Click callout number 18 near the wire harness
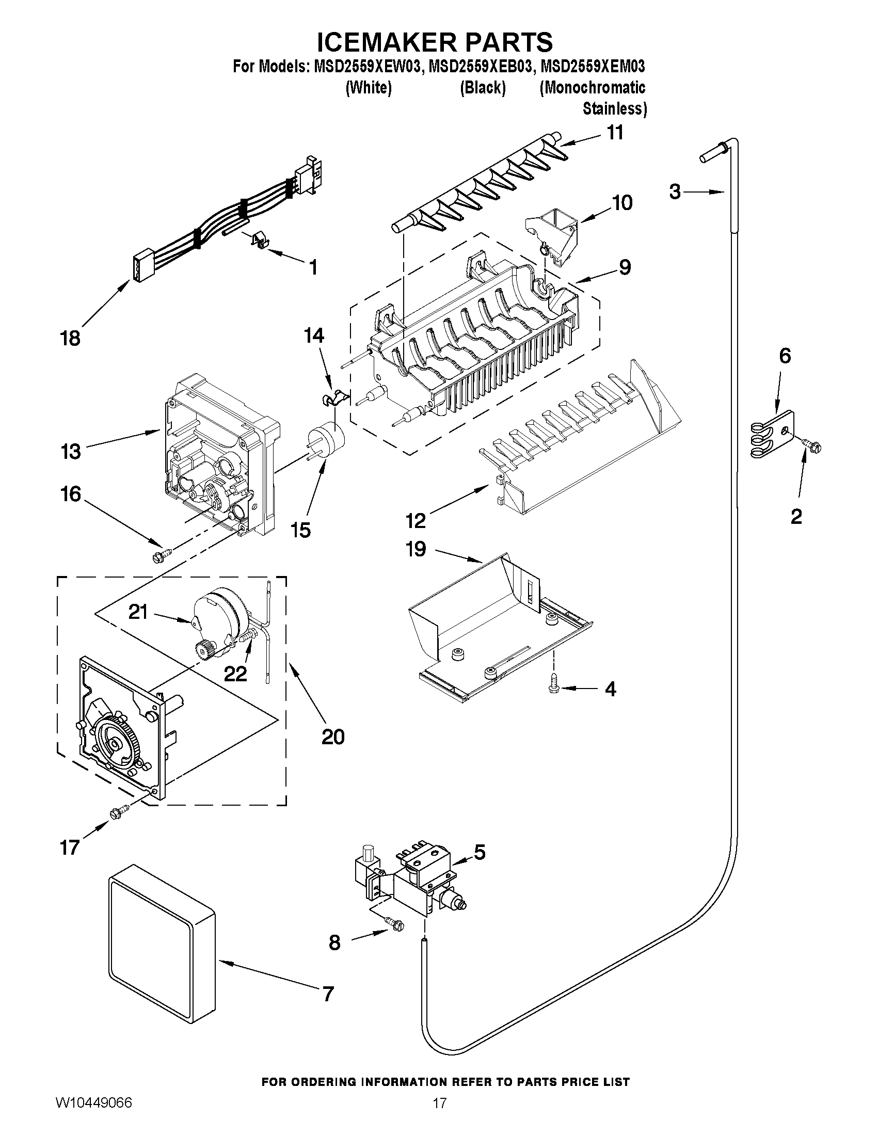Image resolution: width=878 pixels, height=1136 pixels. (x=71, y=338)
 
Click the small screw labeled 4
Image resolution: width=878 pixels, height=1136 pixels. (x=553, y=686)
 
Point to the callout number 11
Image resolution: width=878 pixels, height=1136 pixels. (x=615, y=133)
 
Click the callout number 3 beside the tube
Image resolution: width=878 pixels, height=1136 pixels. (x=675, y=192)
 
